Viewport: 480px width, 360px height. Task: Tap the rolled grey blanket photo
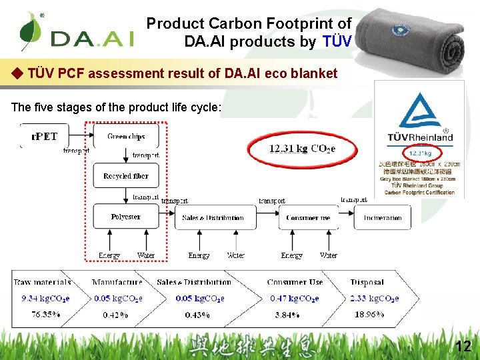coord(417,40)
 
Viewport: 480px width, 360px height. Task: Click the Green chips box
coord(126,136)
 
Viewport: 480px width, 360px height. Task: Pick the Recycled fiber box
coord(126,176)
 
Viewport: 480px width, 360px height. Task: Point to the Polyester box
coord(125,217)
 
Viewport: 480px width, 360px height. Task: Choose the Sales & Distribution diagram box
coord(213,217)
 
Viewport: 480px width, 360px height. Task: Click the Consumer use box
coord(307,217)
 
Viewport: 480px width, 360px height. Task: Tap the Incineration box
coord(382,217)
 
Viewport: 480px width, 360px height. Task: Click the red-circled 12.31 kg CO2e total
coord(302,149)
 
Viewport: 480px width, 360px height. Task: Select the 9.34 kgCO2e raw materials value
coord(45,299)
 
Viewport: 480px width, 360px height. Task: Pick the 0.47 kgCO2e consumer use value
coord(294,299)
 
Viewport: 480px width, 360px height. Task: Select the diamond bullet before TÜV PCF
coord(18,73)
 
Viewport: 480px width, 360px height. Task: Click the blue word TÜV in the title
coord(337,41)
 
